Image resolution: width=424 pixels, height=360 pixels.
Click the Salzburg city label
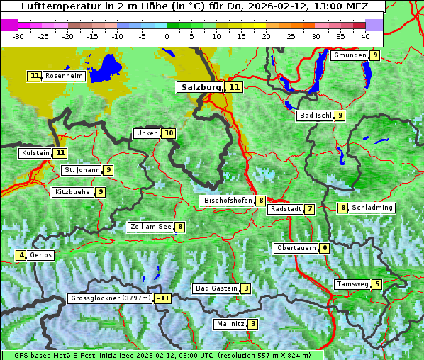click(x=200, y=87)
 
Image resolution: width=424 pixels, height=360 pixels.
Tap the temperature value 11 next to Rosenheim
click(x=35, y=76)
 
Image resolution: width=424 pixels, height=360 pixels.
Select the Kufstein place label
click(x=35, y=152)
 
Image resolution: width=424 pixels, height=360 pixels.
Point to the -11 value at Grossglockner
click(x=163, y=298)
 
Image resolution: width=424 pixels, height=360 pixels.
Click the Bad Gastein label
click(x=216, y=288)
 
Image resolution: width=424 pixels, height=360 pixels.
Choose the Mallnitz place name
click(x=230, y=324)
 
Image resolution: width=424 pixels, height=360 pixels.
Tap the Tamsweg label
click(x=352, y=284)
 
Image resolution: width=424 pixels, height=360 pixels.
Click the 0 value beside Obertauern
click(x=324, y=248)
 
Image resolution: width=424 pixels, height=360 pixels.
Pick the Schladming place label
click(x=372, y=208)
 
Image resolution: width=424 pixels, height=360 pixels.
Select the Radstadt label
click(x=285, y=209)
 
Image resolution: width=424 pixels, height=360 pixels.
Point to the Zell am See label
click(x=151, y=227)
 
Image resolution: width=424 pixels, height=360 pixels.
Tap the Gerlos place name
click(x=41, y=255)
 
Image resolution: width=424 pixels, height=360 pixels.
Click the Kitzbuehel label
click(x=73, y=191)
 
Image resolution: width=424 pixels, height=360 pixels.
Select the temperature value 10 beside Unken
click(x=168, y=133)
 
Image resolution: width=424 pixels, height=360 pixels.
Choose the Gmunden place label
click(x=350, y=55)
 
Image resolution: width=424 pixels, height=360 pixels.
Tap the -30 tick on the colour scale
click(x=18, y=35)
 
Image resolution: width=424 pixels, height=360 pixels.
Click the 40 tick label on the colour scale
click(x=365, y=35)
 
